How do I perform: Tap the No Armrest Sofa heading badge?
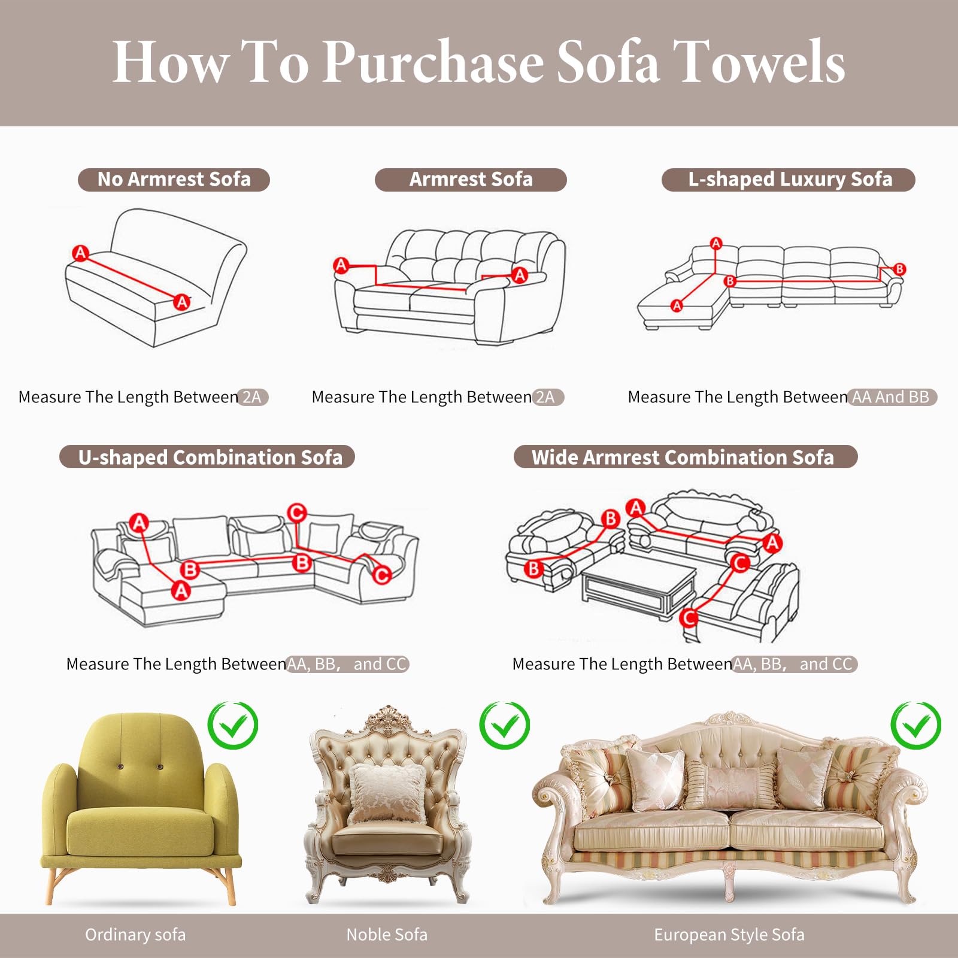pyautogui.click(x=174, y=180)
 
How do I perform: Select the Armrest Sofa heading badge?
pyautogui.click(x=471, y=180)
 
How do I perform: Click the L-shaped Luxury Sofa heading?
pyautogui.click(x=789, y=180)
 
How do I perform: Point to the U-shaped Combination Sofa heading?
pyautogui.click(x=207, y=457)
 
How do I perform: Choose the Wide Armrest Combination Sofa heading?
pyautogui.click(x=686, y=457)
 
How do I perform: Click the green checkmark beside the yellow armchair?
pyautogui.click(x=233, y=725)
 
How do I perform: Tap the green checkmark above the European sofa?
pyautogui.click(x=915, y=725)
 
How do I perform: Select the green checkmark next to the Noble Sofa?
pyautogui.click(x=505, y=725)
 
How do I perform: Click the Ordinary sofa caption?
pyautogui.click(x=135, y=935)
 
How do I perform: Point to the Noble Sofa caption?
pyautogui.click(x=387, y=935)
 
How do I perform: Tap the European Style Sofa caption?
pyautogui.click(x=729, y=935)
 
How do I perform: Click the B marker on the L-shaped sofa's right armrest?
pyautogui.click(x=899, y=269)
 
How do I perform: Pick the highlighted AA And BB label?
pyautogui.click(x=892, y=397)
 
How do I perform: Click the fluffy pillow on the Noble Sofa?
pyautogui.click(x=387, y=792)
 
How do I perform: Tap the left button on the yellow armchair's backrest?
pyautogui.click(x=122, y=767)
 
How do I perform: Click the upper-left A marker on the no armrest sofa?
pyautogui.click(x=80, y=253)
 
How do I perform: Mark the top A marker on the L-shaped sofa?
pyautogui.click(x=716, y=243)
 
